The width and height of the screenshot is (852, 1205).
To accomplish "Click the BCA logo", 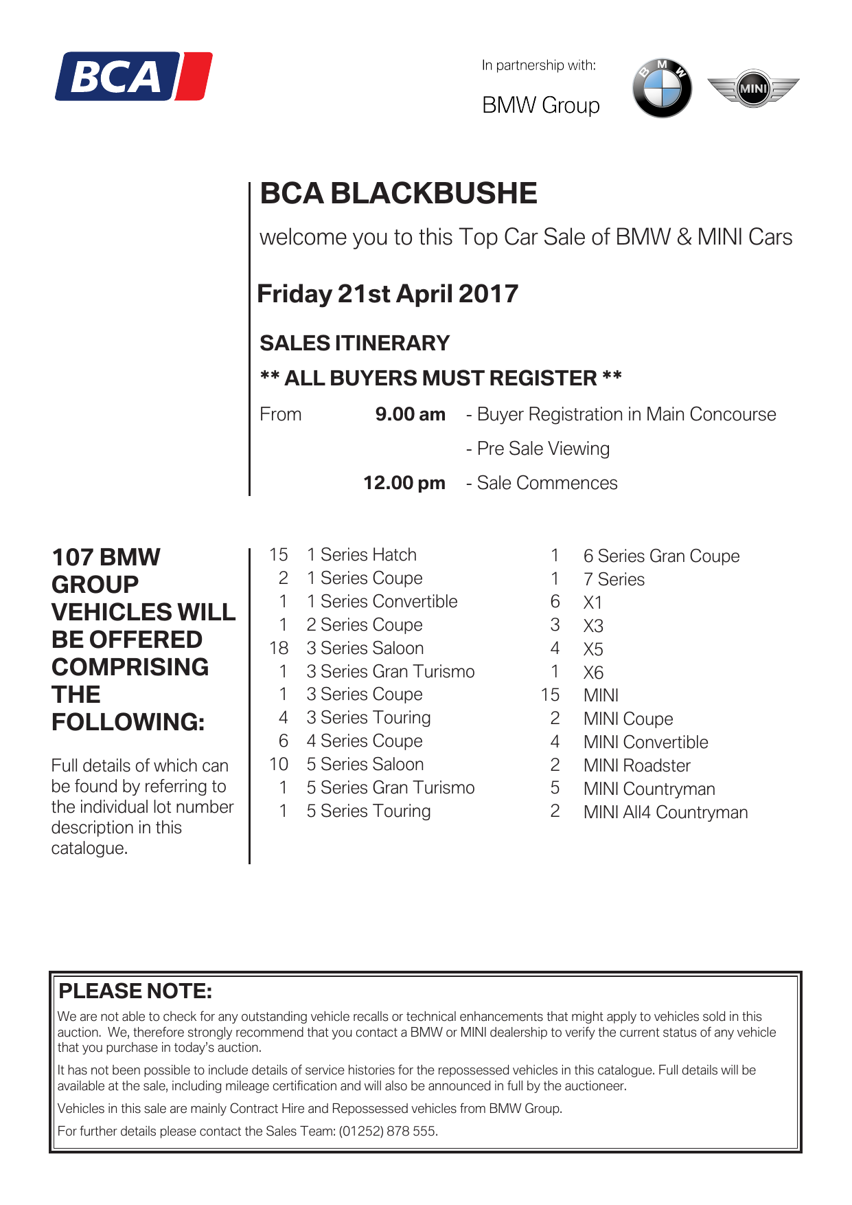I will point(134,76).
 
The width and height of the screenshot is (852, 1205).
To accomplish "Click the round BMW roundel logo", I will point(662,88).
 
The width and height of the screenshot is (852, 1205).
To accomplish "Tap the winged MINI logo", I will point(753,88).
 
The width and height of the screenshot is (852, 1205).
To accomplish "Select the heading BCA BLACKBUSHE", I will point(398,194).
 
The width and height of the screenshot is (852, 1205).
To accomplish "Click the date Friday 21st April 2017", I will point(387,294).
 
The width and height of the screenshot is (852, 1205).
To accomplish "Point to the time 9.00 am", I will point(410,414).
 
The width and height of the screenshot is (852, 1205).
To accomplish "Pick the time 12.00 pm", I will point(404,483).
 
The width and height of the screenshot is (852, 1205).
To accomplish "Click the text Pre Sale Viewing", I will point(542,449).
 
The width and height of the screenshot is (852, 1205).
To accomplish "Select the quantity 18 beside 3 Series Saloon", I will point(279,648).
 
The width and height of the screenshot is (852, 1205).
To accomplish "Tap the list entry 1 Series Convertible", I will point(382,601).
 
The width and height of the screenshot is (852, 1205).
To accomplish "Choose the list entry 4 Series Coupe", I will point(365,741).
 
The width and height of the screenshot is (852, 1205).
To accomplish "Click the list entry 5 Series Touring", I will point(369,811).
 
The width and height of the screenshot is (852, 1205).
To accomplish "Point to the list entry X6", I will point(593,673).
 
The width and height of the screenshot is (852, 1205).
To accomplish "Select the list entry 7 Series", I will point(614,579).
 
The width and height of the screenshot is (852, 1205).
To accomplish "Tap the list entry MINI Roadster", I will point(636,765).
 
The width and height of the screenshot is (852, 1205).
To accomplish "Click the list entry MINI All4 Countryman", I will point(665,812).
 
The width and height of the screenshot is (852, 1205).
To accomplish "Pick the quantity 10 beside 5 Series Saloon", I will point(279,764).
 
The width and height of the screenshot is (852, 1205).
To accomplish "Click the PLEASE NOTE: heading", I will point(135,991).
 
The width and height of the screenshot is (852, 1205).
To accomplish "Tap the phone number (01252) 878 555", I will point(388,1131).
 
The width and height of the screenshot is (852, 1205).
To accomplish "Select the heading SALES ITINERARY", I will point(354,343).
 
